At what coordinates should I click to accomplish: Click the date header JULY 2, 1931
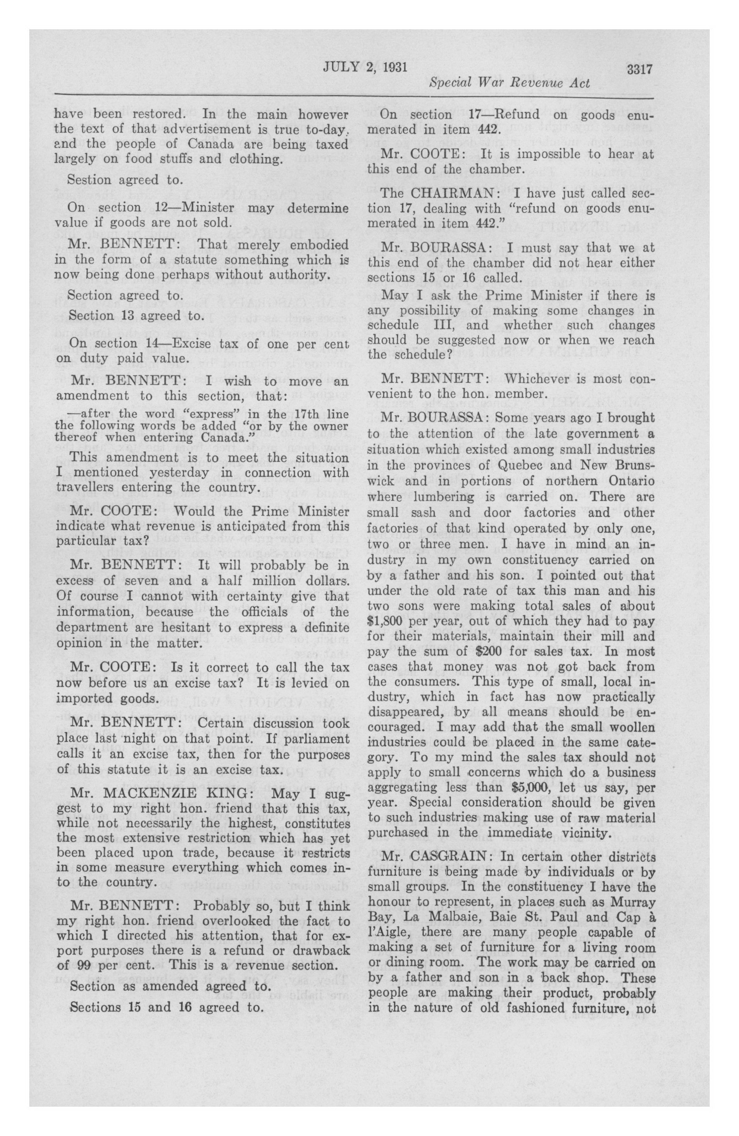click(365, 66)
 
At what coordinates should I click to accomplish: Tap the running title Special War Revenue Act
click(509, 84)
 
